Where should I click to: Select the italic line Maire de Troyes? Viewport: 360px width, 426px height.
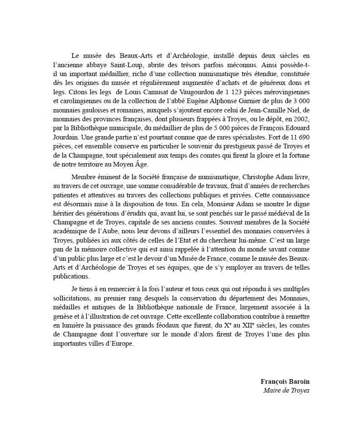tap(286, 390)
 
